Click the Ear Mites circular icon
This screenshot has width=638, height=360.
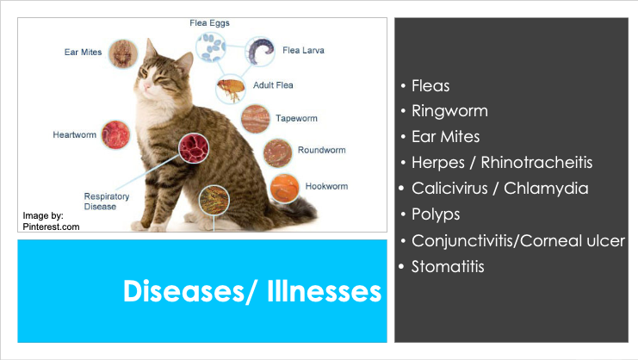click(x=123, y=53)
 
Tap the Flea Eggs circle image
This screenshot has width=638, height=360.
click(x=211, y=47)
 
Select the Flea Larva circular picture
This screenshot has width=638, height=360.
click(x=260, y=52)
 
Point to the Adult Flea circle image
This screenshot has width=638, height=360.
click(x=231, y=89)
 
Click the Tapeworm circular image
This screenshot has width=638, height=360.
click(x=256, y=119)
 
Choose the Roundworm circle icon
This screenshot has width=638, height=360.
click(x=277, y=153)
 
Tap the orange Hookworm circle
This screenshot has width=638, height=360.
click(x=285, y=189)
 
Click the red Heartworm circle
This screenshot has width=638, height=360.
click(x=115, y=134)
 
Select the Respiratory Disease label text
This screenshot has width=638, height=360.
click(x=107, y=202)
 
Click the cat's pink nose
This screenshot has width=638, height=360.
click(x=147, y=85)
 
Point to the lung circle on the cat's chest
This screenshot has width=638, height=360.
click(x=194, y=147)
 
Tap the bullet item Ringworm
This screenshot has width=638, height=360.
click(x=449, y=111)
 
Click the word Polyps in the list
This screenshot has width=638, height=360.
click(x=436, y=214)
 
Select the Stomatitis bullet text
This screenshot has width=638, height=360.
click(x=448, y=267)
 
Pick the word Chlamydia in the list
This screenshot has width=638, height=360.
click(x=546, y=189)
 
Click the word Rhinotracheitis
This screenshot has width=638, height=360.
click(x=536, y=162)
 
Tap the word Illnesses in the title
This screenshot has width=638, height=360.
click(x=325, y=291)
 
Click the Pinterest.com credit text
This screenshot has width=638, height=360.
click(x=52, y=227)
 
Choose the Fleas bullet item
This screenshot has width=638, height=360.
click(x=430, y=86)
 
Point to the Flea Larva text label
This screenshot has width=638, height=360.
click(x=304, y=51)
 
